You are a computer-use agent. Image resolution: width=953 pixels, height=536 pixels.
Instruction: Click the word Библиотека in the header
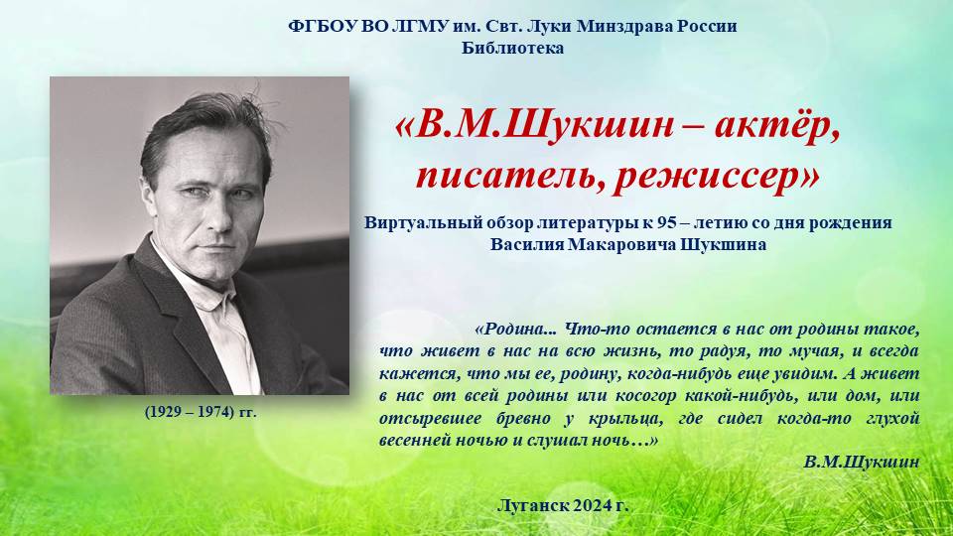512,48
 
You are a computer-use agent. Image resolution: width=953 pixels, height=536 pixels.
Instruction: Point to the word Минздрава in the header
622,26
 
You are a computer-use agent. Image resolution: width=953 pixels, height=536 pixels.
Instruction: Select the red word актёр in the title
777,126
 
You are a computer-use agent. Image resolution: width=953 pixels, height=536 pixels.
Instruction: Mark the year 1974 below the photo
216,412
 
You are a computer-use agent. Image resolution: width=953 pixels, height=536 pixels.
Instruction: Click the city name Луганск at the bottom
533,505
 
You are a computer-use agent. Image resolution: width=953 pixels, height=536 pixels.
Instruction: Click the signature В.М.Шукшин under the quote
862,462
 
